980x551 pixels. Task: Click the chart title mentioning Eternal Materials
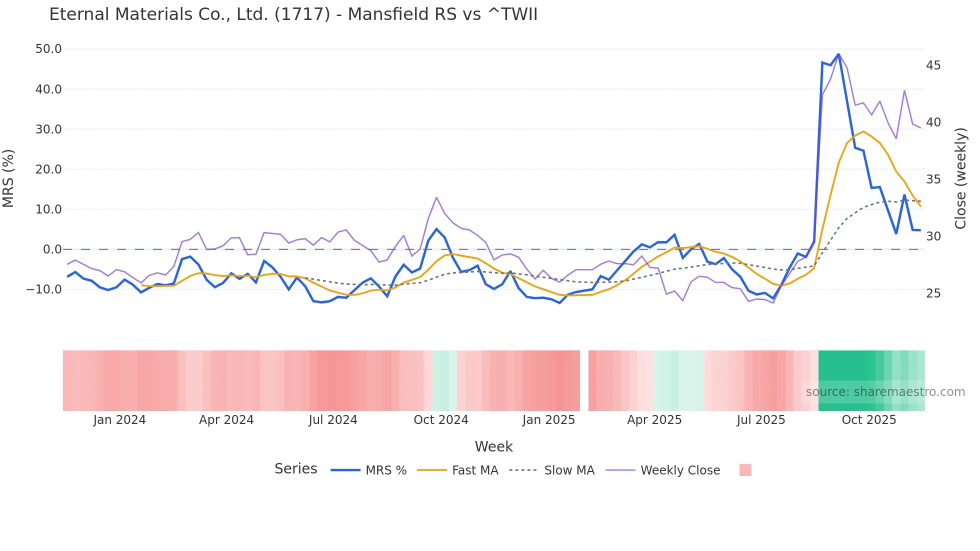point(293,14)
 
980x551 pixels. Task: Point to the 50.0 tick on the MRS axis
point(48,49)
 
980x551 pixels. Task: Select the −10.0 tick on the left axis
point(44,289)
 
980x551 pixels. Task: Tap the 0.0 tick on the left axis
point(52,249)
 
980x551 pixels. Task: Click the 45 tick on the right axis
point(933,65)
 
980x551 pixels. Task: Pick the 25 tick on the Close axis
point(933,293)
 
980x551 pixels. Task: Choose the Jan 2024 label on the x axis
point(119,420)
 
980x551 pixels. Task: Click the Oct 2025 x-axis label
point(868,420)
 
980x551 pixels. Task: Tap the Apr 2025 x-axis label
point(654,420)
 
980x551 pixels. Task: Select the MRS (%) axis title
point(8,178)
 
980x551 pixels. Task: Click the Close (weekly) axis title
point(960,178)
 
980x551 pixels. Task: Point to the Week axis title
point(493,446)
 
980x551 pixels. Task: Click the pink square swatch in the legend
point(745,470)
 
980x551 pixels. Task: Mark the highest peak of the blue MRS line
point(838,54)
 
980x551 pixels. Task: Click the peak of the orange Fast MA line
point(863,131)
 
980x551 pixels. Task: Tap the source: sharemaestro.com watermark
point(885,392)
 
